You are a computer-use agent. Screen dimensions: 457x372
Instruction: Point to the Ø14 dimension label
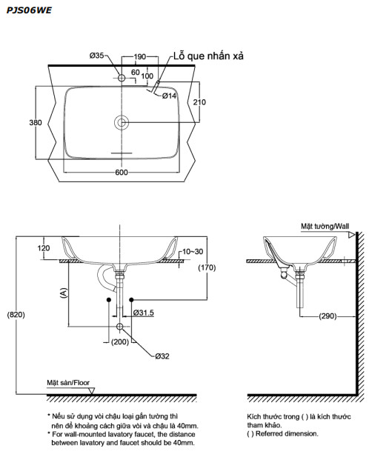point(169,96)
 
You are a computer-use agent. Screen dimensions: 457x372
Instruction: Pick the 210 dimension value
point(199,101)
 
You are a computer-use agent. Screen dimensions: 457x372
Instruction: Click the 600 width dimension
point(122,173)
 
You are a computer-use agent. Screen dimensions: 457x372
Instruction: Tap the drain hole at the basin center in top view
point(122,122)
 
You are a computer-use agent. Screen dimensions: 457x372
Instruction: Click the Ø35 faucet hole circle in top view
point(122,77)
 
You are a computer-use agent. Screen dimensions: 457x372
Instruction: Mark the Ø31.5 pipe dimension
point(143,313)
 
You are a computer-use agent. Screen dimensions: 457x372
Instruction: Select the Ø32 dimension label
point(162,356)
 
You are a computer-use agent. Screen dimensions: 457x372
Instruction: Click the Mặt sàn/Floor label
point(68,383)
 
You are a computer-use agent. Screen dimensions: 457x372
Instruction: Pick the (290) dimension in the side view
point(329,316)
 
